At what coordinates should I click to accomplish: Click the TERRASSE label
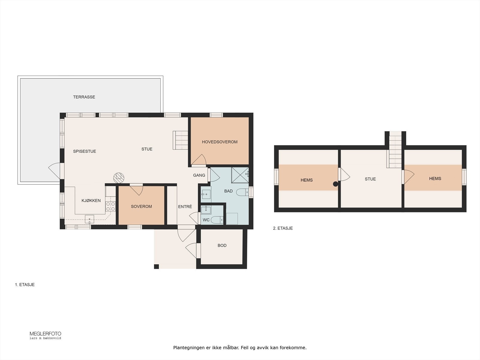(x=84, y=97)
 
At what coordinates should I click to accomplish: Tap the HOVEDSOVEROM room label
(x=220, y=142)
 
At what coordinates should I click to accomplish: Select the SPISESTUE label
(x=84, y=151)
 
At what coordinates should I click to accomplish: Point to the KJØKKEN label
(x=91, y=200)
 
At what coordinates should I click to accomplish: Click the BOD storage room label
(x=222, y=245)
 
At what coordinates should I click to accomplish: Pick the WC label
(x=206, y=220)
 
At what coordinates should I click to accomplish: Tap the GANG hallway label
(x=199, y=175)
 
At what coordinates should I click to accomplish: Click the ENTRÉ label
(x=185, y=206)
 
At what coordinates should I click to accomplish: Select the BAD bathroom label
(x=228, y=191)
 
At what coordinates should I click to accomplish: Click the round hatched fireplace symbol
(x=119, y=178)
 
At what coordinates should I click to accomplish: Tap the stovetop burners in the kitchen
(x=110, y=206)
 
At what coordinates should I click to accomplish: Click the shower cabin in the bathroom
(x=240, y=175)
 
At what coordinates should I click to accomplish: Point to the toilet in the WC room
(x=217, y=220)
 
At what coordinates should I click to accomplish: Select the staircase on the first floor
(x=180, y=140)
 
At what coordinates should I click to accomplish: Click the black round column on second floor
(x=335, y=184)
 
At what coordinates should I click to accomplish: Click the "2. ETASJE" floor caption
(x=283, y=228)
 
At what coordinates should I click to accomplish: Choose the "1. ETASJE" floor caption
(x=25, y=285)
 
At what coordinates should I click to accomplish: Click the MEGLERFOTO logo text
(x=45, y=334)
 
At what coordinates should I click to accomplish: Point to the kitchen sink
(x=89, y=219)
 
